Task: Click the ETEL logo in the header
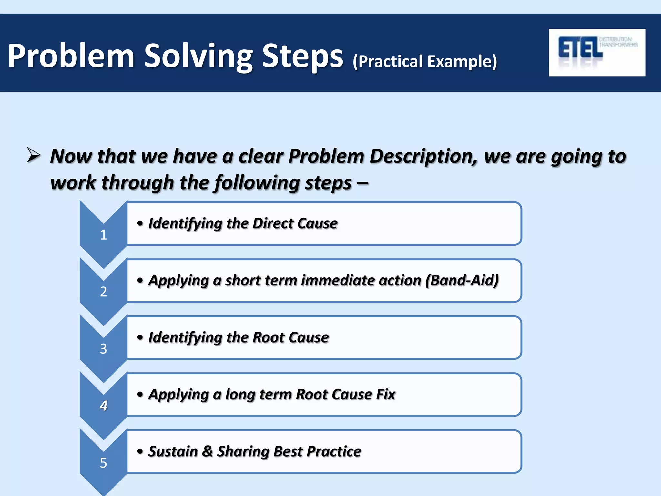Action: pyautogui.click(x=596, y=52)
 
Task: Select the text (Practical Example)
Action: pyautogui.click(x=425, y=61)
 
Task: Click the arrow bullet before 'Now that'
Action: pyautogui.click(x=34, y=155)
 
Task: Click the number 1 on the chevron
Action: pyautogui.click(x=103, y=235)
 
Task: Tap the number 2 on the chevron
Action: pyautogui.click(x=103, y=292)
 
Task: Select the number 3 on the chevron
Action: pyautogui.click(x=103, y=349)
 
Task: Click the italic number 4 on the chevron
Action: pyautogui.click(x=103, y=406)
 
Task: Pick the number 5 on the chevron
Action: pyautogui.click(x=103, y=463)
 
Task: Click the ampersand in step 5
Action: pyautogui.click(x=208, y=451)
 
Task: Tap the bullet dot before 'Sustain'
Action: pyautogui.click(x=140, y=451)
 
